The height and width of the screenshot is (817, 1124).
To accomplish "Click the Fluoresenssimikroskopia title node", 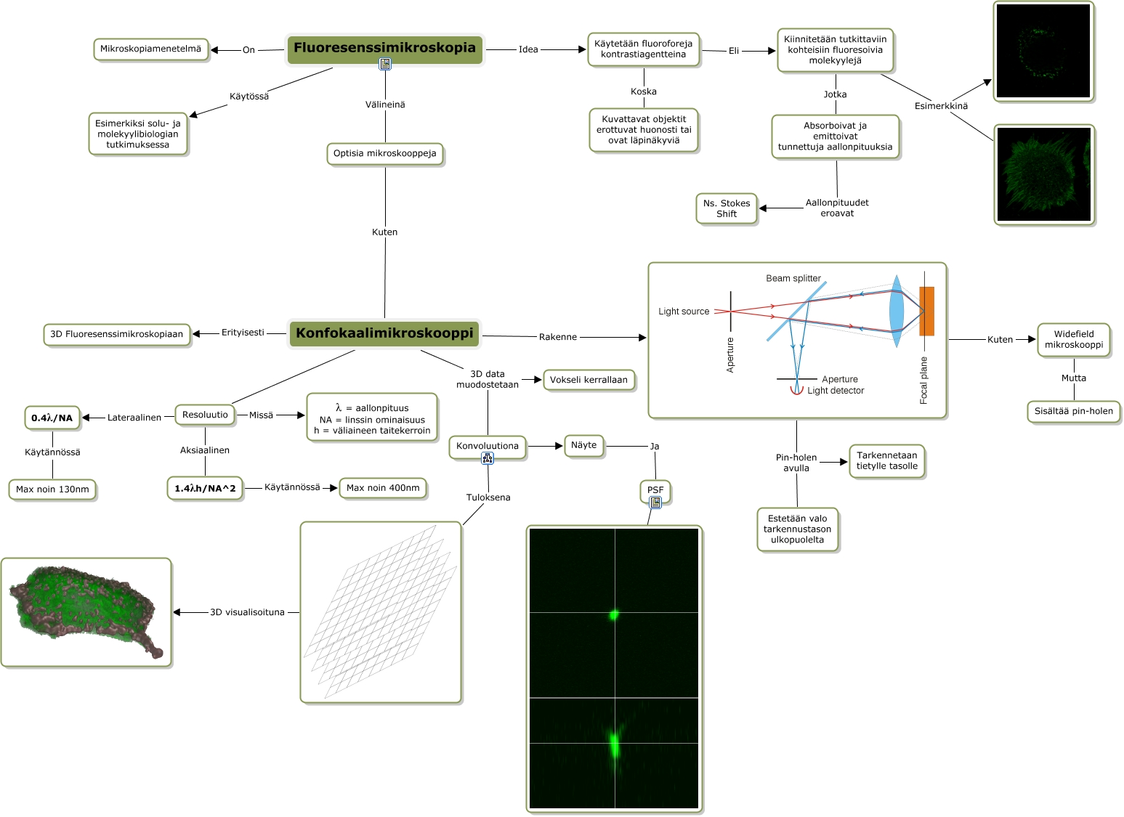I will pyautogui.click(x=384, y=49).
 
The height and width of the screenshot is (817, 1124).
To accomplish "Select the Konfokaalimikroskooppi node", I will pyautogui.click(x=384, y=333).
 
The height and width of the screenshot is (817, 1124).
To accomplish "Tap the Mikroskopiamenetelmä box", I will pyautogui.click(x=150, y=49).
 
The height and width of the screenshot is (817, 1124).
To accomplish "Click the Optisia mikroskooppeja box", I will pyautogui.click(x=384, y=154).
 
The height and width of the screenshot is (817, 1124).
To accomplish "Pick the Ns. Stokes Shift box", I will pyautogui.click(x=727, y=209).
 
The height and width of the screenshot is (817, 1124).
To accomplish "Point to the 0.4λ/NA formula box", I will pyautogui.click(x=52, y=418).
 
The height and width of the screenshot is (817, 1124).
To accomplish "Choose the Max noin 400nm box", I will pyautogui.click(x=383, y=488).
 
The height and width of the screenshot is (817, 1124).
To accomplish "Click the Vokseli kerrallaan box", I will pyautogui.click(x=589, y=380).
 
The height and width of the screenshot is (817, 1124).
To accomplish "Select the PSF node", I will pyautogui.click(x=655, y=490).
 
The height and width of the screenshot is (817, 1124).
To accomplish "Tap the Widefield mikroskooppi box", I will pyautogui.click(x=1074, y=340).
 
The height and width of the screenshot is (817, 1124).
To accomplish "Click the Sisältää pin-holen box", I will pyautogui.click(x=1074, y=411).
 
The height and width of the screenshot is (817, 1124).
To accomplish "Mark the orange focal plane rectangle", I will pyautogui.click(x=926, y=311).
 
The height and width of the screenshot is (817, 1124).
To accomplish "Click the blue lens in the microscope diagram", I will pyautogui.click(x=897, y=311).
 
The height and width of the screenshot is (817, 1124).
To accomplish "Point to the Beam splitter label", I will pyautogui.click(x=793, y=278).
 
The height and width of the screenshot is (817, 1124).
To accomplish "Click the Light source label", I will pyautogui.click(x=684, y=312).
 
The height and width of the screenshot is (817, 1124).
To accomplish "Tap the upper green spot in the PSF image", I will pyautogui.click(x=614, y=615).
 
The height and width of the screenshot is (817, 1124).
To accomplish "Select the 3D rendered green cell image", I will pyautogui.click(x=86, y=612).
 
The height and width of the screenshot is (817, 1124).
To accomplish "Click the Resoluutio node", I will pyautogui.click(x=205, y=415).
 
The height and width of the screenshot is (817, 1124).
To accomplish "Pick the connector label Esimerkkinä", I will pyautogui.click(x=941, y=106).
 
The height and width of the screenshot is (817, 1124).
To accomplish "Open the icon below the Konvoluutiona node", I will pyautogui.click(x=488, y=458).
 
